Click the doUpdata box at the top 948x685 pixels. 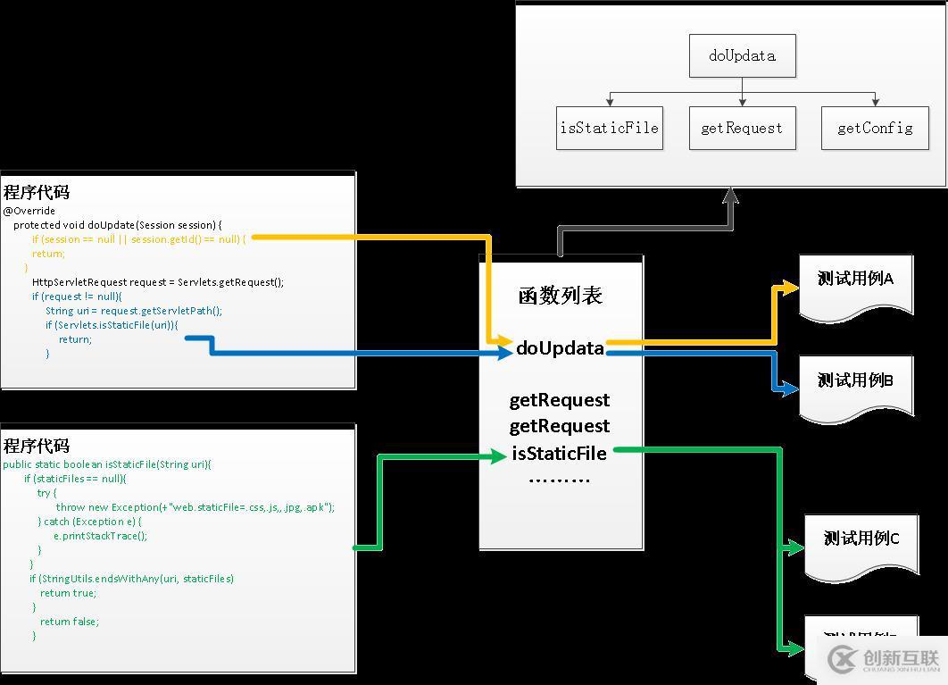coord(742,55)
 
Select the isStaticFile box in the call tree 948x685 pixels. coord(610,128)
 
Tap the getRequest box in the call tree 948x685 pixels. coord(742,128)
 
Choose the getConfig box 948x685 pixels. coord(875,128)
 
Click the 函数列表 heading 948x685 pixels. coord(561,296)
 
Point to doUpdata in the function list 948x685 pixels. coord(561,348)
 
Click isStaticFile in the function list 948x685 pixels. coord(560,454)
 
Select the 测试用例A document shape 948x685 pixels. coord(855,283)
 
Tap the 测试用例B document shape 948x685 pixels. coord(855,385)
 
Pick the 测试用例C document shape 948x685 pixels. coord(861,543)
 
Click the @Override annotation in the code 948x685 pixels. coord(29,211)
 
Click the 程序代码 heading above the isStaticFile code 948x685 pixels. coord(37,446)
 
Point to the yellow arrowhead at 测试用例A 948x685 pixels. coord(791,288)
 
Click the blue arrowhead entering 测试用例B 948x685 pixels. coord(791,388)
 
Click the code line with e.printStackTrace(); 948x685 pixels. coord(100,536)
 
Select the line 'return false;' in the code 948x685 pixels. coord(70,622)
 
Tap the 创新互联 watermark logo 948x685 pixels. coord(885,658)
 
